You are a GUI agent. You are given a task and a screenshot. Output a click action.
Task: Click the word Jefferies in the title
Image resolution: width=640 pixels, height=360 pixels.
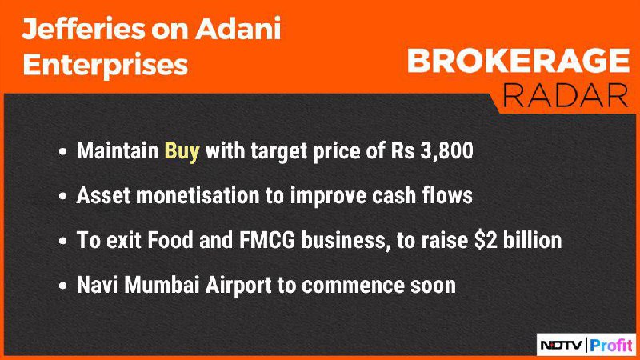click(83, 30)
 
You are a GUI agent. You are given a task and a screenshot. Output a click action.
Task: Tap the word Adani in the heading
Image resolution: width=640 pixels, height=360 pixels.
click(238, 29)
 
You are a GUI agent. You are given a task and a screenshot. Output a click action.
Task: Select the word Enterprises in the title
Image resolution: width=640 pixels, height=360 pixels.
click(106, 66)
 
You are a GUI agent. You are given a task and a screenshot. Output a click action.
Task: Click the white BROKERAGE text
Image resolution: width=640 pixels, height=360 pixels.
click(518, 62)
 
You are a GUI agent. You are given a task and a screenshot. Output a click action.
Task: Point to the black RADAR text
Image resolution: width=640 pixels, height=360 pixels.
click(566, 95)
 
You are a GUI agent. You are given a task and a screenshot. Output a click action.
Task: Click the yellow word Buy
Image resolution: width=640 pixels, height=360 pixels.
click(182, 151)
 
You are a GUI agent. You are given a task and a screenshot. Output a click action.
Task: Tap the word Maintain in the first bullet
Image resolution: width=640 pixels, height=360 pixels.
click(118, 150)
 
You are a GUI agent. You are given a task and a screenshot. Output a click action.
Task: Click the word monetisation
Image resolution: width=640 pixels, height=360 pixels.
click(198, 195)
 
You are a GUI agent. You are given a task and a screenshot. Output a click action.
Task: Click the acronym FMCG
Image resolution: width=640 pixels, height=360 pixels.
click(267, 240)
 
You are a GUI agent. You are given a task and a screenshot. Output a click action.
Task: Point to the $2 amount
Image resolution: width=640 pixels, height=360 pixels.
click(486, 240)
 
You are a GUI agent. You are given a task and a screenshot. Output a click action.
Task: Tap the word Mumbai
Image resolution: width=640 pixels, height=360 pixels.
click(162, 285)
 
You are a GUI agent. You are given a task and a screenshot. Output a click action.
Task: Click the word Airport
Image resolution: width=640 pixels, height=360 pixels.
click(238, 286)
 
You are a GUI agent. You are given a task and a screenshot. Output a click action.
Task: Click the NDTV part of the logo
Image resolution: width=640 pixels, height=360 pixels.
click(562, 346)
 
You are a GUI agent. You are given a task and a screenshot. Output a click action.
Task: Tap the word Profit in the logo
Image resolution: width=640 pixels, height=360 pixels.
click(611, 346)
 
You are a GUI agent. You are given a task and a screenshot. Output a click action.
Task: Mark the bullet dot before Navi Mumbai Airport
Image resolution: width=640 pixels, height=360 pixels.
click(62, 286)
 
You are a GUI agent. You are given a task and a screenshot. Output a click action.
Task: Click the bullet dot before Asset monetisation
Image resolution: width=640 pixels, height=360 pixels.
click(62, 196)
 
